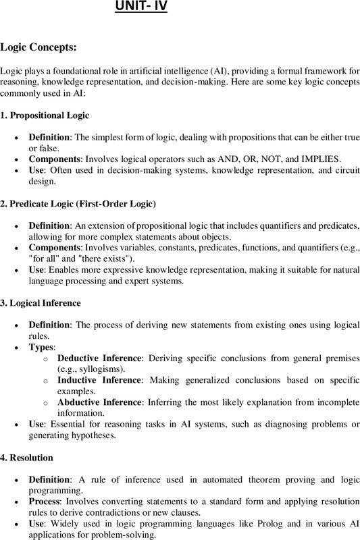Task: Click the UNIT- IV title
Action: pyautogui.click(x=140, y=7)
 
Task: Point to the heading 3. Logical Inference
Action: pyautogui.click(x=41, y=303)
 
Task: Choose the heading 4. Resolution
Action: pyautogui.click(x=27, y=458)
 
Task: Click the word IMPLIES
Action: pyautogui.click(x=318, y=159)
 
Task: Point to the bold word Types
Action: pyautogui.click(x=41, y=346)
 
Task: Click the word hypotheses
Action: pyautogui.click(x=95, y=435)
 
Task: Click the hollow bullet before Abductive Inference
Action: pyautogui.click(x=45, y=402)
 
